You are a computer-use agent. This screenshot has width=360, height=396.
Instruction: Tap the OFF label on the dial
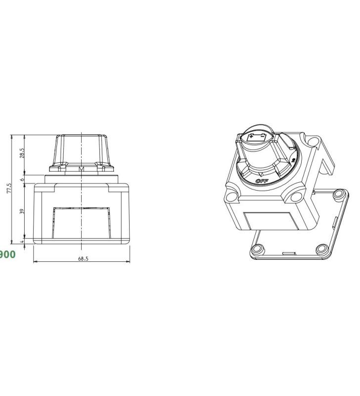tap(262, 181)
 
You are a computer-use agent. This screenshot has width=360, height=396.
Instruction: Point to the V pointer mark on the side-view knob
tap(81, 169)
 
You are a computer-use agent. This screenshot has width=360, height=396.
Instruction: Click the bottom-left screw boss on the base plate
tap(257, 249)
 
